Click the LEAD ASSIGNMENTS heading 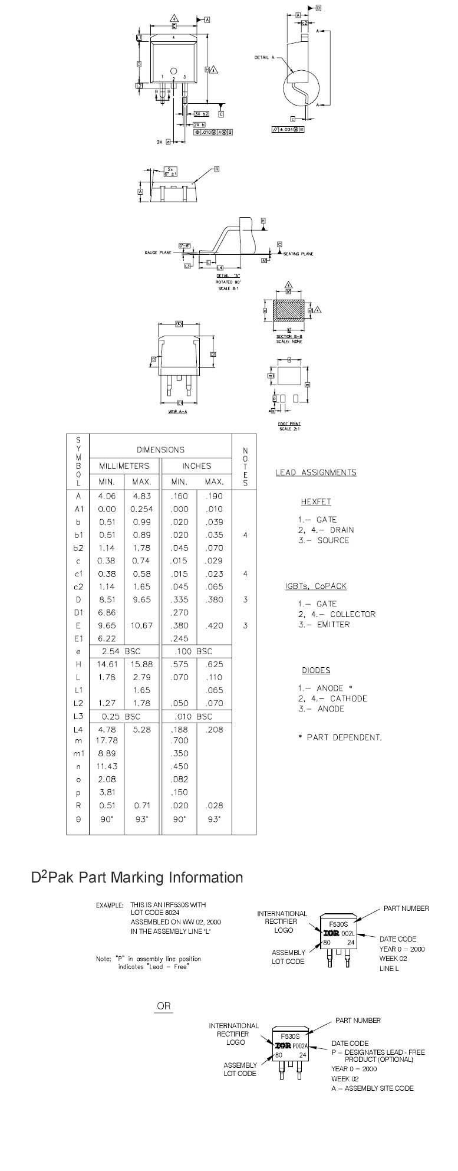pyautogui.click(x=316, y=473)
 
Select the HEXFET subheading pyautogui.click(x=316, y=502)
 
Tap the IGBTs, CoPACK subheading pyautogui.click(x=316, y=586)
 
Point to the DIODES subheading pyautogui.click(x=316, y=671)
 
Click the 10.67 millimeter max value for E pyautogui.click(x=141, y=626)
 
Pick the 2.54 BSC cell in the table pyautogui.click(x=124, y=651)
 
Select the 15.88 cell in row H pyautogui.click(x=141, y=664)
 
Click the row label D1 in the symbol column pyautogui.click(x=78, y=613)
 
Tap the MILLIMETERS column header pyautogui.click(x=124, y=466)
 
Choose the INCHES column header pyautogui.click(x=196, y=466)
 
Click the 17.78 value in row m pyautogui.click(x=107, y=740)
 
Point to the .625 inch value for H pyautogui.click(x=214, y=664)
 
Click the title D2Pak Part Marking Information pyautogui.click(x=137, y=878)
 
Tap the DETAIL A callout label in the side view pyautogui.click(x=265, y=57)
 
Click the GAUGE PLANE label pyautogui.click(x=158, y=253)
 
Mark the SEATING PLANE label pyautogui.click(x=299, y=254)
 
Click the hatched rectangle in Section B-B pyautogui.click(x=289, y=310)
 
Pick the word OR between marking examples pyautogui.click(x=164, y=1006)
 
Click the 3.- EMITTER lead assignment pyautogui.click(x=324, y=625)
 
